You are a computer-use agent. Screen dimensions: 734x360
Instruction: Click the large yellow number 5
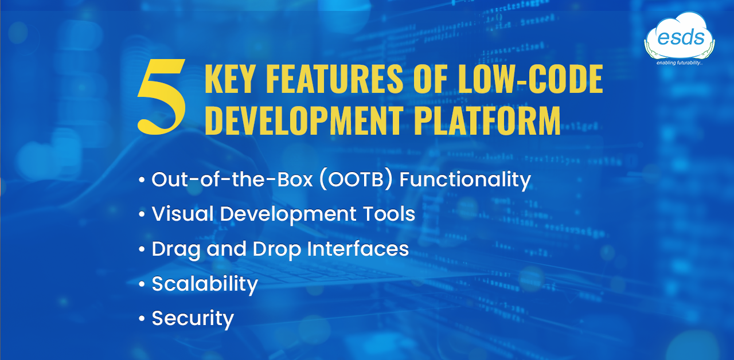[162, 97]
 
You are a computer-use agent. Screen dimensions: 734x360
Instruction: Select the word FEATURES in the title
[334, 79]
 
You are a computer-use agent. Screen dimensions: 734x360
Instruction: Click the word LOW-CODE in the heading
[530, 79]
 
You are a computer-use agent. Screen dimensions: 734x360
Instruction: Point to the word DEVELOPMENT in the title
[305, 120]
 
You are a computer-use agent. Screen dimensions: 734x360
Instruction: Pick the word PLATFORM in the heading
[487, 120]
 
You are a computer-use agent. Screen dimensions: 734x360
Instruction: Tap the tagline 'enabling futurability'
[680, 62]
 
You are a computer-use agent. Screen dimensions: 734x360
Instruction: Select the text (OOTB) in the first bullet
[356, 179]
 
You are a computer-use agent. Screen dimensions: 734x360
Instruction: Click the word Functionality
[465, 181]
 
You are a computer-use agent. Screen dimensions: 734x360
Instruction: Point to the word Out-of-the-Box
[232, 179]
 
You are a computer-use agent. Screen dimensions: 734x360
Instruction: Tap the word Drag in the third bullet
[175, 250]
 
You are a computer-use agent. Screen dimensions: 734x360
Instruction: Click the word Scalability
[205, 284]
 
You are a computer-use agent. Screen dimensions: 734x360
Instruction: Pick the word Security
[193, 319]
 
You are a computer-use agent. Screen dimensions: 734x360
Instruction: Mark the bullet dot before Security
[142, 318]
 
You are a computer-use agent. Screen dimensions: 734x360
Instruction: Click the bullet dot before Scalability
[142, 284]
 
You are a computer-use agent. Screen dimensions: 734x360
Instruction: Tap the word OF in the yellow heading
[430, 79]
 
